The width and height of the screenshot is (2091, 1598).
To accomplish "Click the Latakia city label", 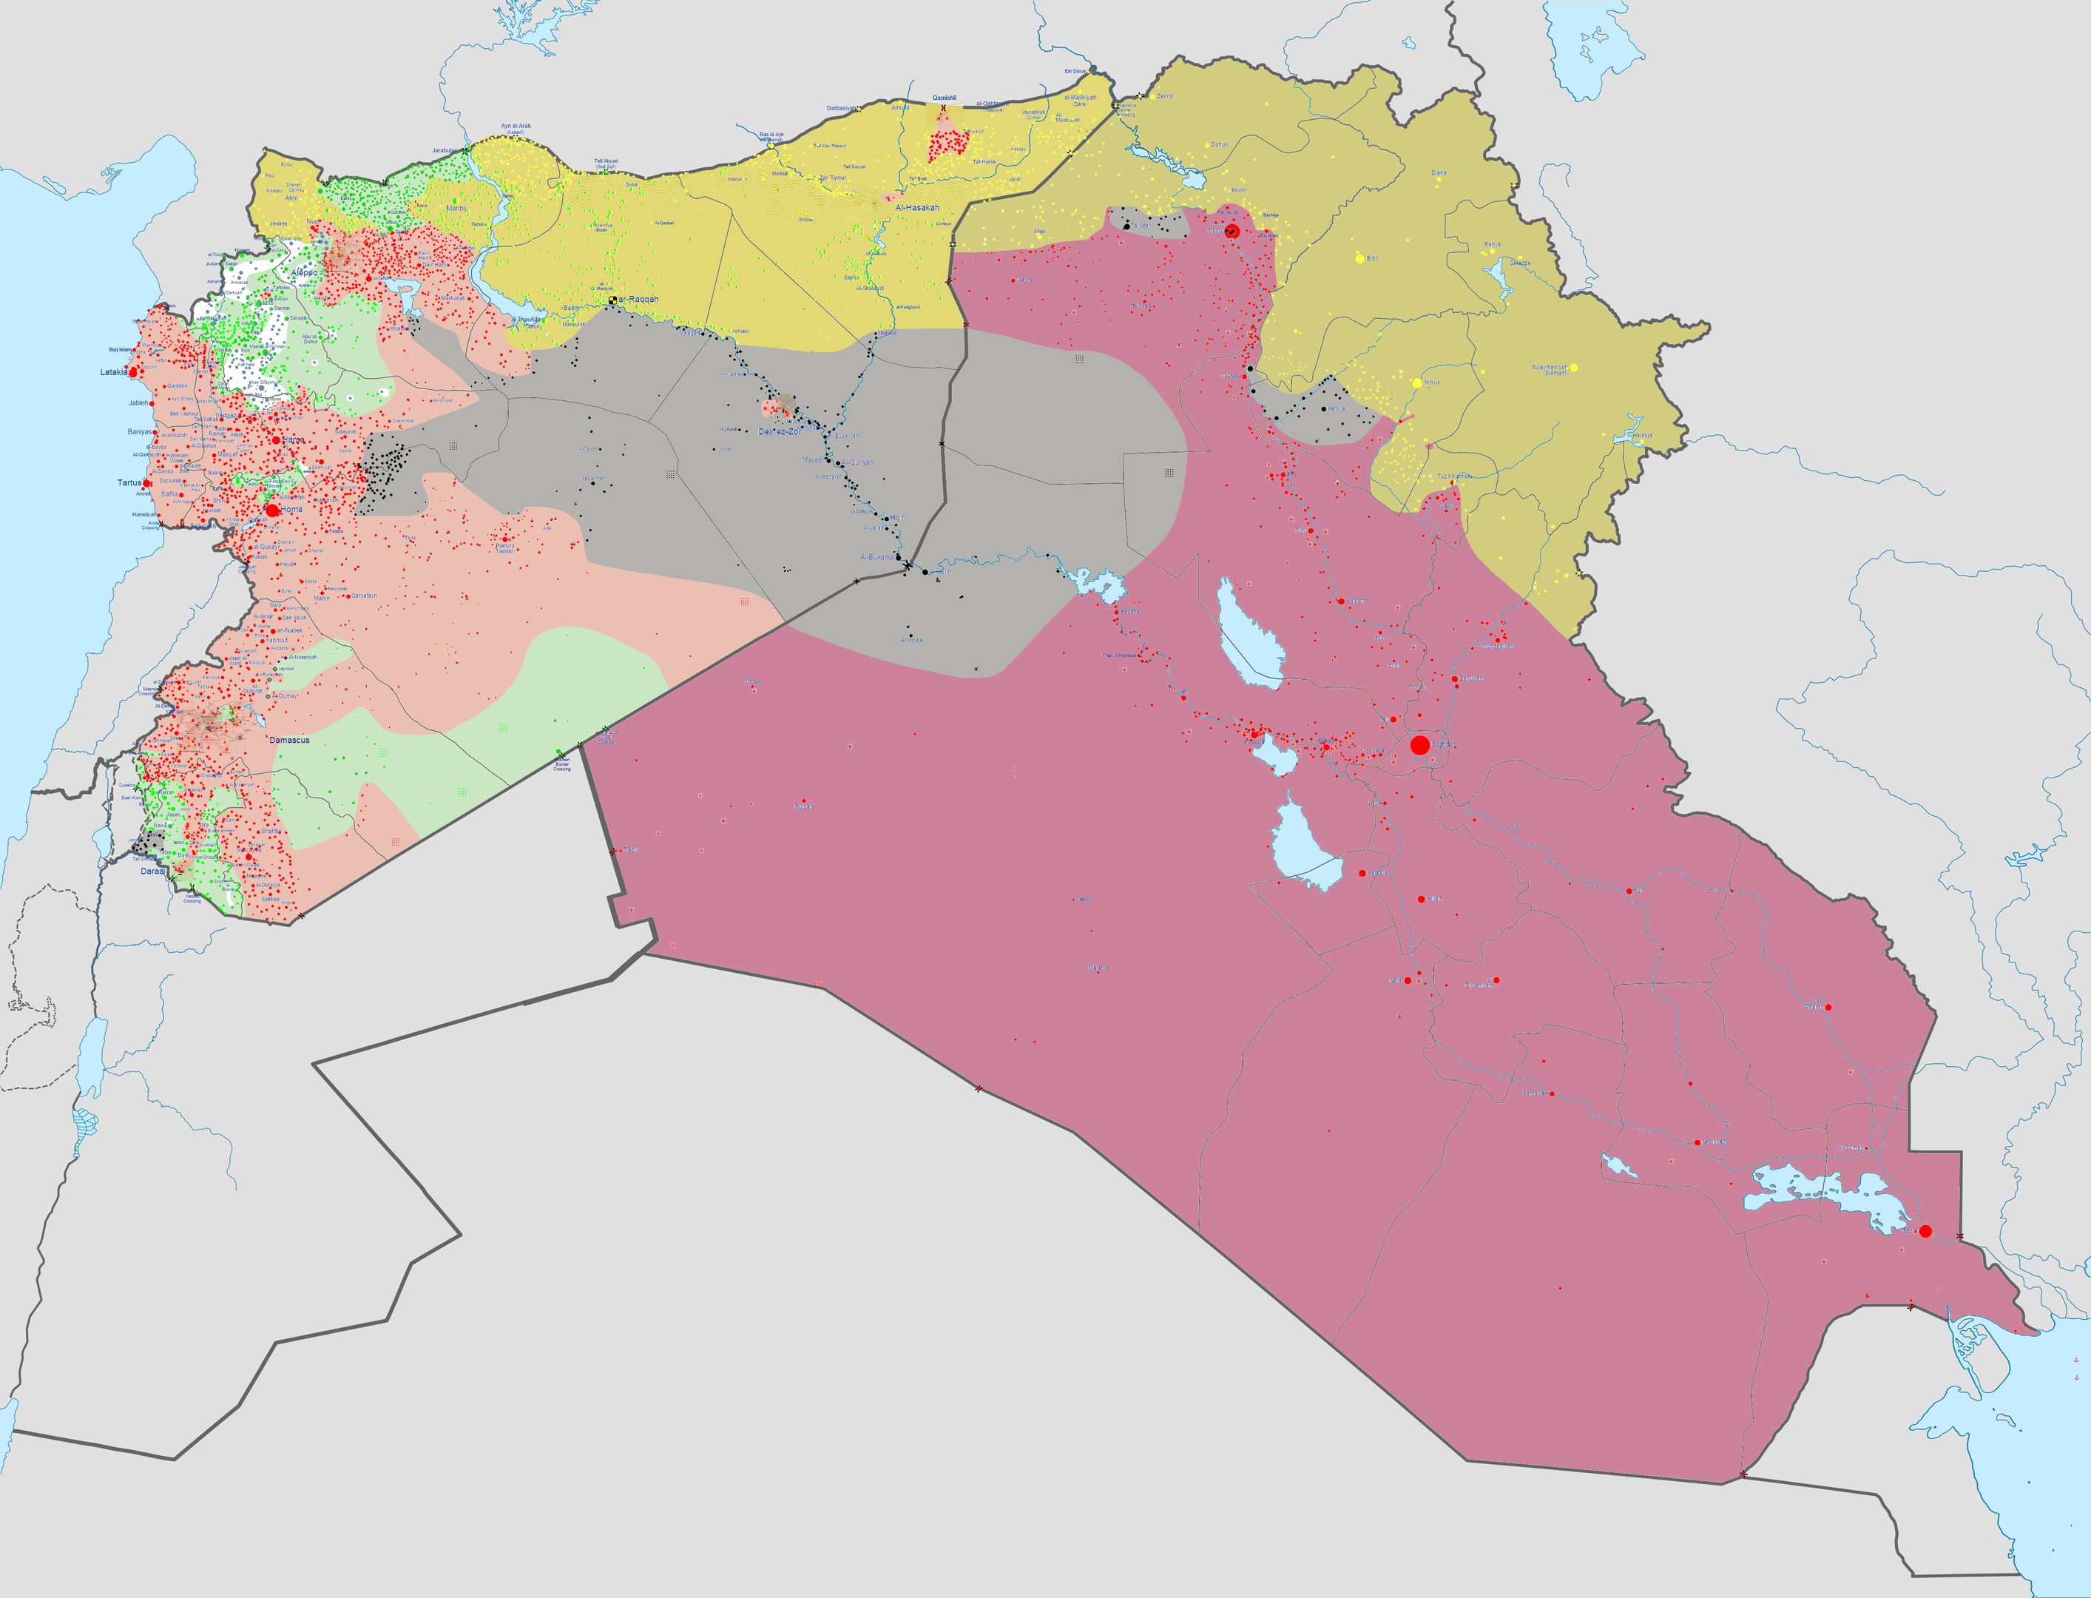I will tap(112, 372).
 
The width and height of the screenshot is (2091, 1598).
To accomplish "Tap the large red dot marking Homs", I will tap(273, 510).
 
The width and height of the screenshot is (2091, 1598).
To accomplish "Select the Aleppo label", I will tap(304, 273).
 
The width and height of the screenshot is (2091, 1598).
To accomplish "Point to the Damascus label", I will tap(289, 740).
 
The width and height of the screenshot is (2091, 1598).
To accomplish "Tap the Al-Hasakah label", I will tap(916, 207).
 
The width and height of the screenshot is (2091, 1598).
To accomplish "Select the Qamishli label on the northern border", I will tap(945, 98).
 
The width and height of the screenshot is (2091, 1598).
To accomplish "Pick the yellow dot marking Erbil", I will tap(1359, 257).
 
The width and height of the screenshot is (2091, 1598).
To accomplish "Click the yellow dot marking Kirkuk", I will tap(1417, 382).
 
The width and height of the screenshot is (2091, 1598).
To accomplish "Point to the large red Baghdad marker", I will tap(1419, 745).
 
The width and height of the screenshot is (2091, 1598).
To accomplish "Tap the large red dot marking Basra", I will tap(1925, 1231).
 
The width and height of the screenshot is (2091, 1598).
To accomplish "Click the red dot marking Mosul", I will tap(1233, 231).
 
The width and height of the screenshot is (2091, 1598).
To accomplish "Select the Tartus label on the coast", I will tap(129, 482).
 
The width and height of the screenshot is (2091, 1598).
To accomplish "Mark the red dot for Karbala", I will tap(1362, 873).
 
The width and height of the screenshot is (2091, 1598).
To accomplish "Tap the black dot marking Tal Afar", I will tap(1126, 226).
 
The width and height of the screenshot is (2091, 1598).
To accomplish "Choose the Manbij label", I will tap(457, 209).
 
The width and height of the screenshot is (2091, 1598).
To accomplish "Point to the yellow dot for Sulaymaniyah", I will tap(1574, 367).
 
